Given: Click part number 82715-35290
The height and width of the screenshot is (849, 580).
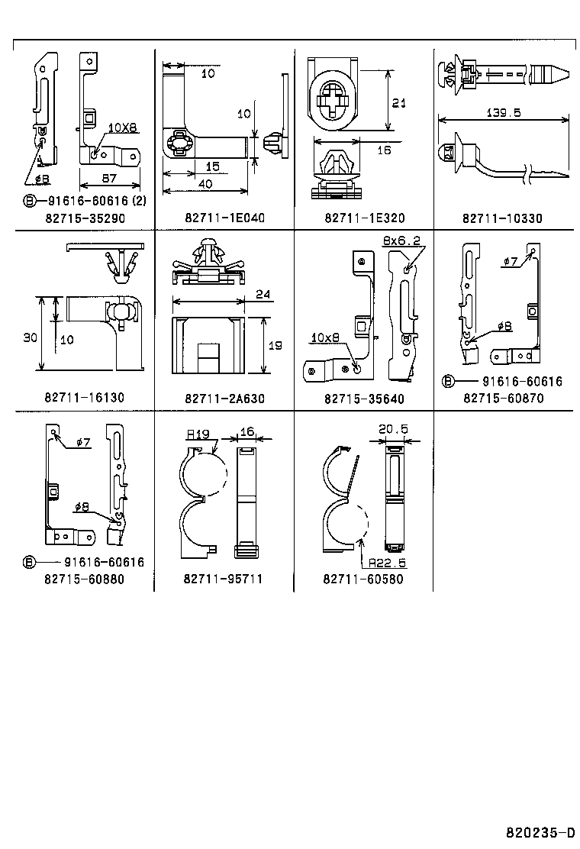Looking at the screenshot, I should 84,218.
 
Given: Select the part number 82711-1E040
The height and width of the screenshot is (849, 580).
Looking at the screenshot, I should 224,218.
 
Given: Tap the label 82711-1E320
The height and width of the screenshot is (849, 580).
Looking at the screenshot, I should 364,218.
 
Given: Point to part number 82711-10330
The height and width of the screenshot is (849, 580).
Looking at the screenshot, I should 502,218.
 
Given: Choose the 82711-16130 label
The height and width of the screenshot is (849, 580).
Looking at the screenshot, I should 84,398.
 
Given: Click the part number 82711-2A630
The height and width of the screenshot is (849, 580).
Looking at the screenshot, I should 224,398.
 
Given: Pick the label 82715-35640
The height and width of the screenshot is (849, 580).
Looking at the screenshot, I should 364,398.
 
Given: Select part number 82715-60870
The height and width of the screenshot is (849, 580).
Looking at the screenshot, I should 502,398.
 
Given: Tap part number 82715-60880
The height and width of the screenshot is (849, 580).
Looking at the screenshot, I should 84,579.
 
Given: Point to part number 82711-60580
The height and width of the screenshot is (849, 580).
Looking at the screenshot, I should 362,579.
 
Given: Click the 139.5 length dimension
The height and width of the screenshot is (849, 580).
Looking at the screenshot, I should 503,112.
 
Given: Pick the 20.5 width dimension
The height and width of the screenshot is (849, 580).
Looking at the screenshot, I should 393,430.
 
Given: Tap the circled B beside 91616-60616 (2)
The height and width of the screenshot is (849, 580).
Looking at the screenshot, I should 29,202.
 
